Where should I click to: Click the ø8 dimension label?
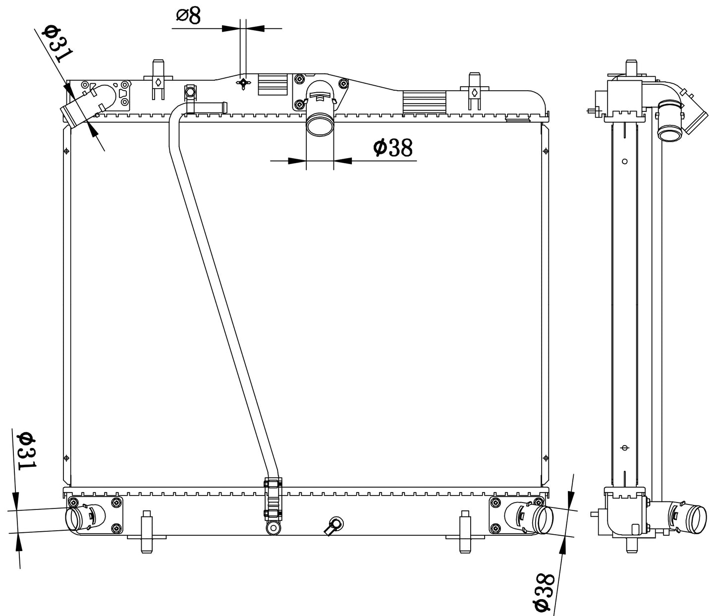click(189, 16)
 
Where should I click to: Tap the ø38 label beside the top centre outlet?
click(393, 148)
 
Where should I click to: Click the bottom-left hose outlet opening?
click(74, 519)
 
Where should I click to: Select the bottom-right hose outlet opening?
click(545, 520)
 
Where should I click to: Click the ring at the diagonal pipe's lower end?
click(274, 528)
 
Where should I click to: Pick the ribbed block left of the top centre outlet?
click(273, 84)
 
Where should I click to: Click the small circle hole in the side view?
click(625, 162)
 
